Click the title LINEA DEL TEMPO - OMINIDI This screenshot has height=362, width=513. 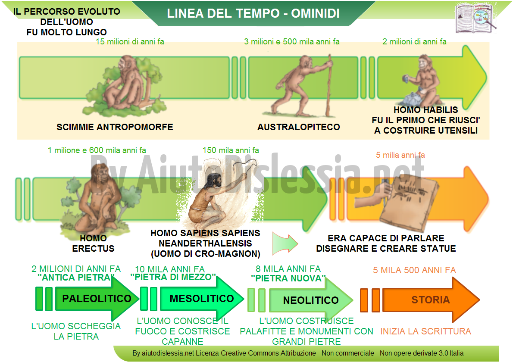[253, 13]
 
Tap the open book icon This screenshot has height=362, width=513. [475, 18]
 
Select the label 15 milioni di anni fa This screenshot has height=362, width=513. [130, 41]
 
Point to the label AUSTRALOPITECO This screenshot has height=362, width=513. [298, 127]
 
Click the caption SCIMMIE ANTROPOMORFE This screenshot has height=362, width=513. [115, 127]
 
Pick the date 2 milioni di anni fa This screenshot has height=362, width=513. [414, 41]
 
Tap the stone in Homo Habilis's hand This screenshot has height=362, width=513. [406, 78]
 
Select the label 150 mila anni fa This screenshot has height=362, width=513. [231, 150]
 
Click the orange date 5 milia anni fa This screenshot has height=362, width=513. [400, 155]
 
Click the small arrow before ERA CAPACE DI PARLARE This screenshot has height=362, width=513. [285, 243]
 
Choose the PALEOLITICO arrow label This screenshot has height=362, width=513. [97, 298]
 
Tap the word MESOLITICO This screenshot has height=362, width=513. [202, 298]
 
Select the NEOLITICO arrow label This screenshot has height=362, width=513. [311, 300]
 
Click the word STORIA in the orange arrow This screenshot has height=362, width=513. [431, 300]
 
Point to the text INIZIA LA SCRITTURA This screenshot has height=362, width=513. [425, 331]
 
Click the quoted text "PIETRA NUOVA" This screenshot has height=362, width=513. [288, 278]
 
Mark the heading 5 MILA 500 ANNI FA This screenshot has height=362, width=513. [414, 270]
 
